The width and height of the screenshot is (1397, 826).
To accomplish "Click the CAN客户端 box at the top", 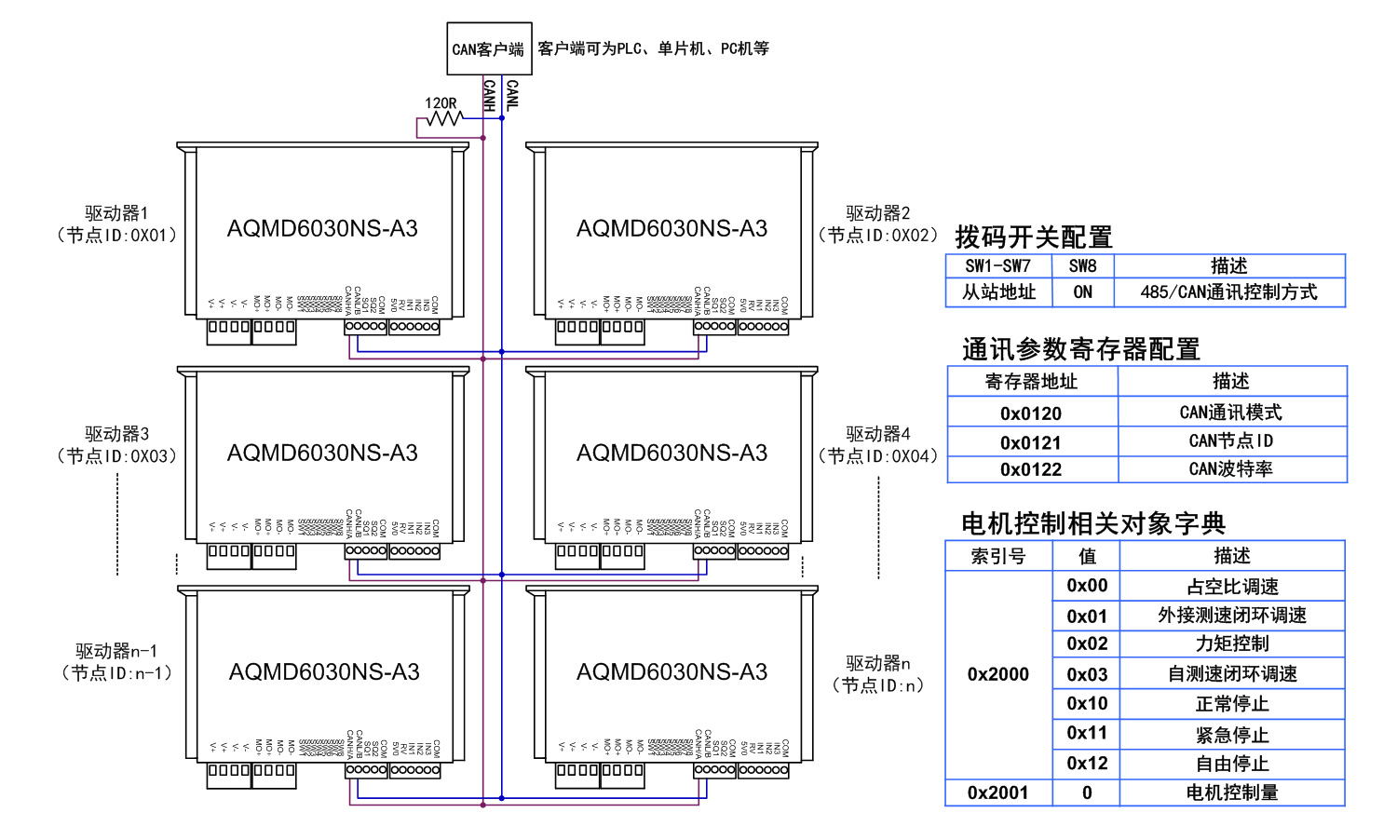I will [489, 48].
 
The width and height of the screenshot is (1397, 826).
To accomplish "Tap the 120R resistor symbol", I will [443, 118].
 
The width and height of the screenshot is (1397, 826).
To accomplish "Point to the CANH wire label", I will [489, 95].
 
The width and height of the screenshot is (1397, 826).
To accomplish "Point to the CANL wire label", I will [511, 95].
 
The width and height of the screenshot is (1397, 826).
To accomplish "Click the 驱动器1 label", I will [116, 213].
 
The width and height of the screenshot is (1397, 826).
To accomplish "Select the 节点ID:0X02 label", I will [877, 236].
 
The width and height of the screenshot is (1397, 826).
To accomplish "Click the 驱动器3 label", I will [116, 434].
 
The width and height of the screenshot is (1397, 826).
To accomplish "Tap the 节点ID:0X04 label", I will [877, 456].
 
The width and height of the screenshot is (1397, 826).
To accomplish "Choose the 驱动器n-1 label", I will [116, 651].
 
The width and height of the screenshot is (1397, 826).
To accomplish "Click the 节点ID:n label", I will [877, 685].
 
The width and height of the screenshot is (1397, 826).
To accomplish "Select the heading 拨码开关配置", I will [1034, 237].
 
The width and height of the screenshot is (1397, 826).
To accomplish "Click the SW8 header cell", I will [1082, 266].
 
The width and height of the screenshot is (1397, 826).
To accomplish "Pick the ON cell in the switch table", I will [1082, 292].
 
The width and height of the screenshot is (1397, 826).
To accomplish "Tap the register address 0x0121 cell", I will [1031, 442].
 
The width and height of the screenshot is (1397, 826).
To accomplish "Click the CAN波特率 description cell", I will [1231, 469].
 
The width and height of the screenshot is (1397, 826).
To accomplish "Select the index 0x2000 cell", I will [998, 674].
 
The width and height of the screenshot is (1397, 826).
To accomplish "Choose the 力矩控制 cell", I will [1232, 643].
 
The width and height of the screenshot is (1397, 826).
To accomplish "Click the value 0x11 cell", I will [1087, 734].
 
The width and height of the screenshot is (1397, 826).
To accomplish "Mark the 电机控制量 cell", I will [1232, 792].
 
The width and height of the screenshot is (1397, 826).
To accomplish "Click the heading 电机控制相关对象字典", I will [1093, 523].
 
